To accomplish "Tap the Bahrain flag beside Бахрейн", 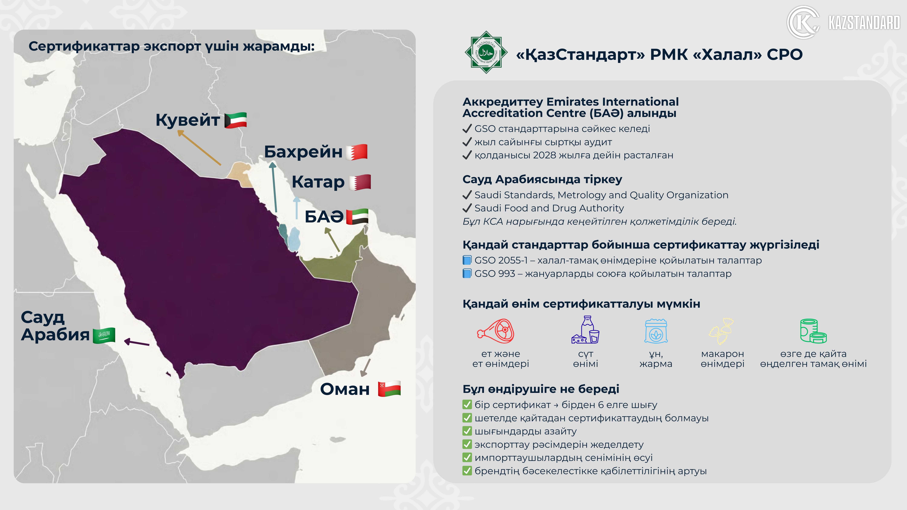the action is [357, 152].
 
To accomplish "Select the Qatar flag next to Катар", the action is [360, 182].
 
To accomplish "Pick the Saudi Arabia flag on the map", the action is [104, 335].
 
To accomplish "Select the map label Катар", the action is [318, 182].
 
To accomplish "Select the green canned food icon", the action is [813, 331].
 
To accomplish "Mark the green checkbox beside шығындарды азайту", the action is [467, 431].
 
